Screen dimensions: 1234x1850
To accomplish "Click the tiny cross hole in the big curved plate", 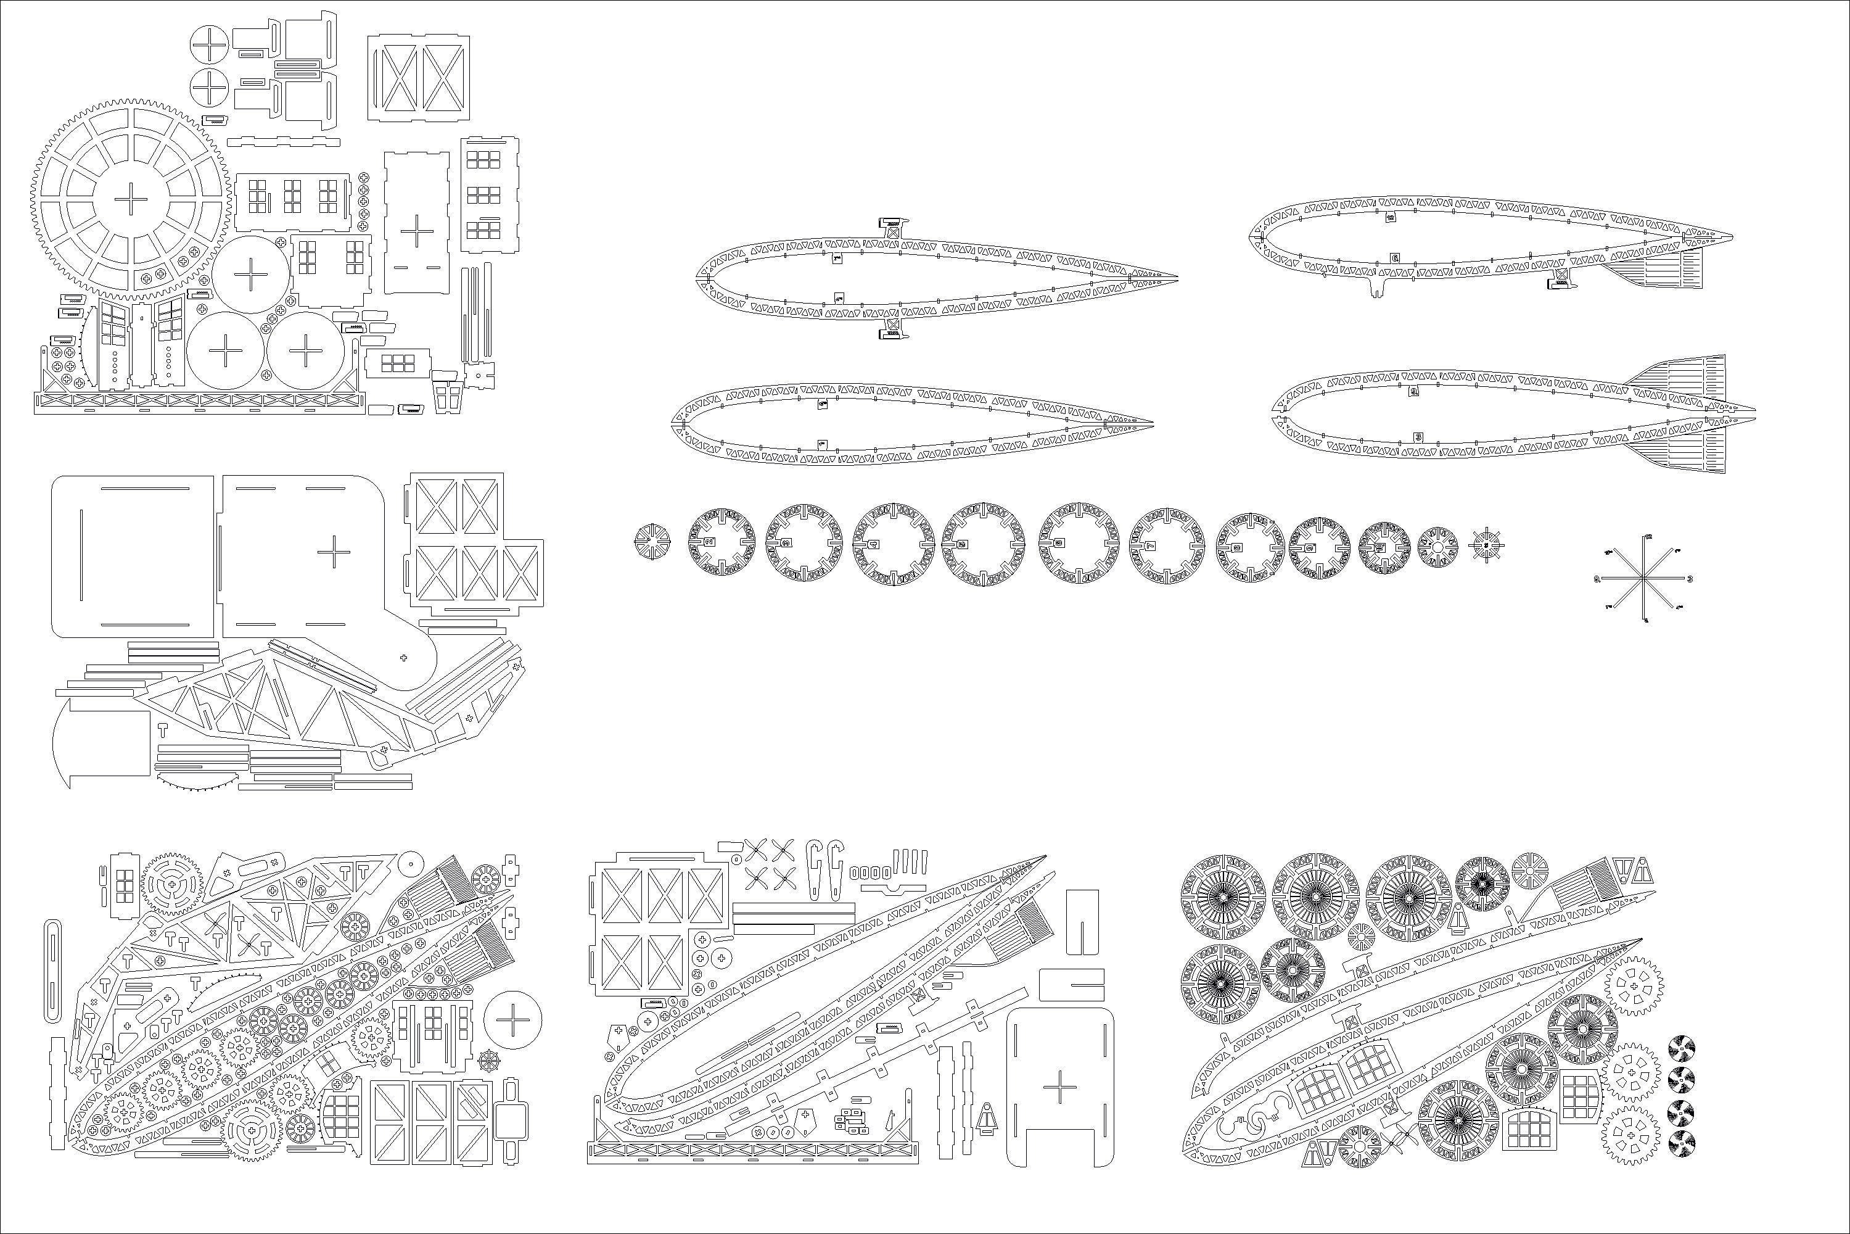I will (403, 657).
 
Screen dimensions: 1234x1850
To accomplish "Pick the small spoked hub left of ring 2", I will (652, 544).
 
